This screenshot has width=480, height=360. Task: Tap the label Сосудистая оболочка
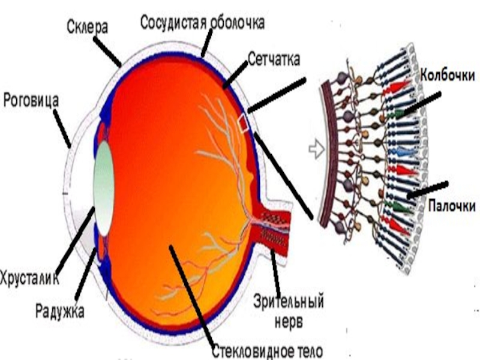pos(202,23)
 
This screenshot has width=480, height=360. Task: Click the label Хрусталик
pos(29,277)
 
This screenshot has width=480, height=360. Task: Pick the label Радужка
pos(59,311)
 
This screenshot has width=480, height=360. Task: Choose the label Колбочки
pos(448,76)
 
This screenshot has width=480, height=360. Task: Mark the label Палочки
pos(452,206)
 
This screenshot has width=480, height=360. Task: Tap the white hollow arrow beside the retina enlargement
pos(316,149)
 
